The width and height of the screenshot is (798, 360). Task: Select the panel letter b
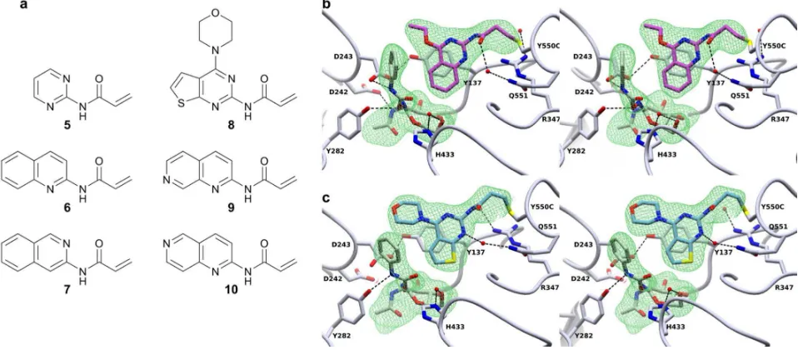(x=327, y=6)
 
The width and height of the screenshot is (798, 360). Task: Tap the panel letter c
(x=327, y=197)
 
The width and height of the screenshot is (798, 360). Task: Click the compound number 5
(x=67, y=123)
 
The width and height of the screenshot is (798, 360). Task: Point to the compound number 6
(x=67, y=207)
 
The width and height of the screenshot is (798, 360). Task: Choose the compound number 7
(x=67, y=292)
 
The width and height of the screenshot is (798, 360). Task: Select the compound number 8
(x=231, y=124)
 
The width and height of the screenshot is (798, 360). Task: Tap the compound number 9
(x=231, y=207)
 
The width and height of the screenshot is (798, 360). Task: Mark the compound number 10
(x=231, y=292)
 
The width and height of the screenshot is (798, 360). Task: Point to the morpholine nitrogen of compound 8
(x=217, y=51)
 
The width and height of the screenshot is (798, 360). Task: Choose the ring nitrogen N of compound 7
(x=66, y=246)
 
